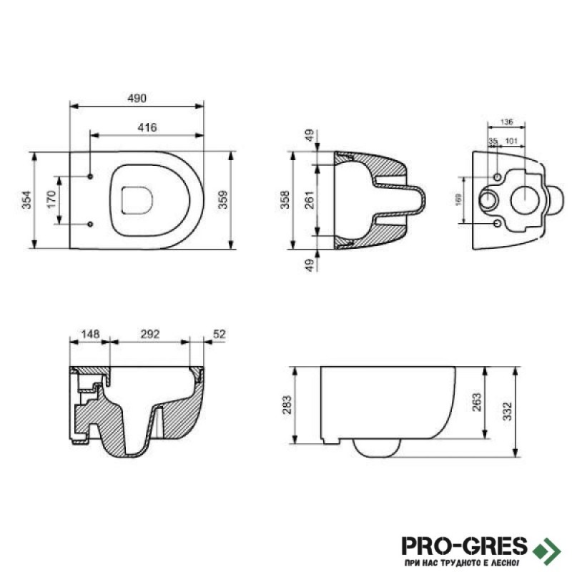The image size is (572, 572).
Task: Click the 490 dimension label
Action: pyautogui.click(x=137, y=98)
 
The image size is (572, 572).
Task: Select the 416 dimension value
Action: pyautogui.click(x=147, y=127)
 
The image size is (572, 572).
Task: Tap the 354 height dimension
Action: pyautogui.click(x=27, y=200)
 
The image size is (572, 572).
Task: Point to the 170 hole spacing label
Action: pyautogui.click(x=51, y=199)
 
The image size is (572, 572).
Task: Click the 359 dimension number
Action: pyautogui.click(x=222, y=199)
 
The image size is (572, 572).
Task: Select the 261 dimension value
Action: pyautogui.click(x=310, y=199)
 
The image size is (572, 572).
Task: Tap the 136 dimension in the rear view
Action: pyautogui.click(x=507, y=122)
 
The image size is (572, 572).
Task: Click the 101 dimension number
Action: pyautogui.click(x=511, y=141)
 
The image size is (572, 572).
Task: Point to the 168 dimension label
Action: pyautogui.click(x=458, y=199)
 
